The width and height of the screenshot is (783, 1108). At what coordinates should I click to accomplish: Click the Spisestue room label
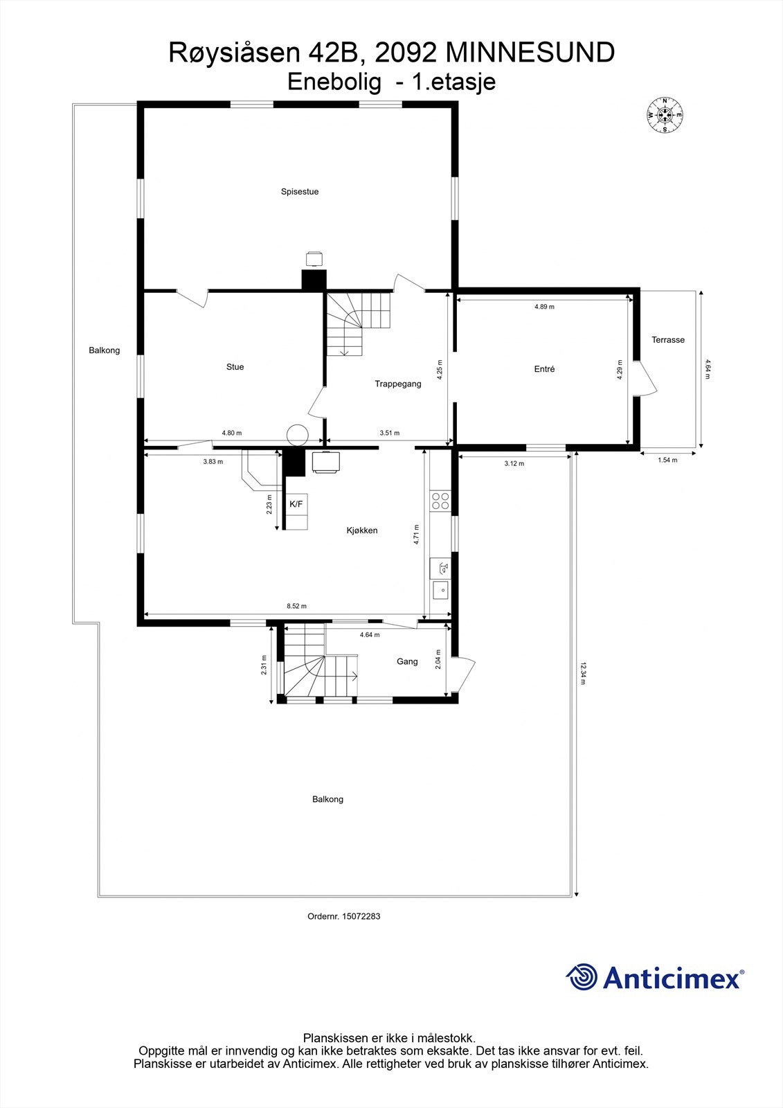[299, 192]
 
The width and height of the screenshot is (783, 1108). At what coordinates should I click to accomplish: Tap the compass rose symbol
[665, 115]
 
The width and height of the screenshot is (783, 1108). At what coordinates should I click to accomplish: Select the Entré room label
[544, 369]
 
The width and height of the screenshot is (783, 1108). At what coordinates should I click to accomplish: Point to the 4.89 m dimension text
[544, 306]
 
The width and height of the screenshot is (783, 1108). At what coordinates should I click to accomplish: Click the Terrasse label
[667, 340]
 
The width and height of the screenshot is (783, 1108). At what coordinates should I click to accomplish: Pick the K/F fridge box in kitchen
[296, 504]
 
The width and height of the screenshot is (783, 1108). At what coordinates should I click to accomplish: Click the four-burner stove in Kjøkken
[440, 500]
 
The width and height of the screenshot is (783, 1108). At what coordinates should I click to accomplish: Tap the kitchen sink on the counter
[440, 590]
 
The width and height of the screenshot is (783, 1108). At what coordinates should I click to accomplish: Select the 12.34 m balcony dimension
[584, 673]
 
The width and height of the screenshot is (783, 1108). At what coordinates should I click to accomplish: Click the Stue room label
[235, 367]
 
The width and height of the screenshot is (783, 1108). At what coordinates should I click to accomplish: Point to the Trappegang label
[398, 384]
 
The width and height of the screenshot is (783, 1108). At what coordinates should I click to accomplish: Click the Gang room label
[407, 661]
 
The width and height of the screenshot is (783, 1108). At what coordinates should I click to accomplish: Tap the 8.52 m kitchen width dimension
[296, 606]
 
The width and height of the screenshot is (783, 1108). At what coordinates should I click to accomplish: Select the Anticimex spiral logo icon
[582, 977]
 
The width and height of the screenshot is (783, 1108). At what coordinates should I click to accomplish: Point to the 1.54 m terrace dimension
[667, 460]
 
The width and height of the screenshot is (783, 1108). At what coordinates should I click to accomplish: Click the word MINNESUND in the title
[530, 53]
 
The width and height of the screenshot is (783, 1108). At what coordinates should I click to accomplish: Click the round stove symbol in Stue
[298, 434]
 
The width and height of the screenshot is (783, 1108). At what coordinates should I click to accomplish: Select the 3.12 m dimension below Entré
[514, 463]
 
